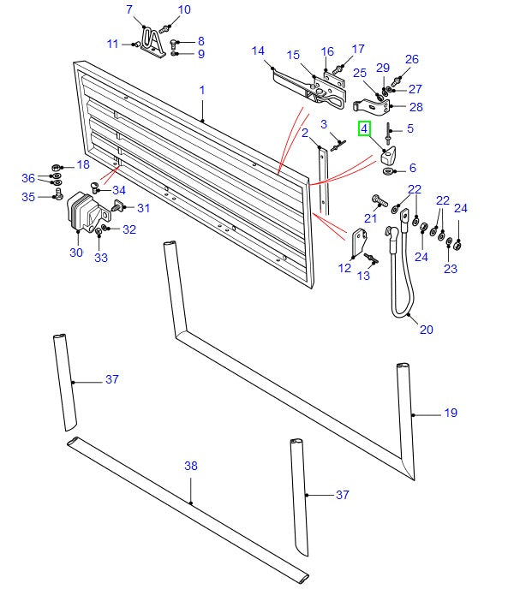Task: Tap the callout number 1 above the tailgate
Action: coord(202,90)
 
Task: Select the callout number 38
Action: coord(191,467)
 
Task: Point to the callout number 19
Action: coord(451,414)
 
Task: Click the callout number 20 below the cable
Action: coord(427,330)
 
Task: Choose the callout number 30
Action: coord(75,253)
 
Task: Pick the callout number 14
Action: coord(258,51)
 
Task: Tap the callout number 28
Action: coord(416,107)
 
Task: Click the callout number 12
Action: coord(344,268)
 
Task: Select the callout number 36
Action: coord(29,179)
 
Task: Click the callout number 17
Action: coord(357,49)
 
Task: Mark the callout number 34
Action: coord(119,190)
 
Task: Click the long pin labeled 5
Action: coord(390,133)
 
